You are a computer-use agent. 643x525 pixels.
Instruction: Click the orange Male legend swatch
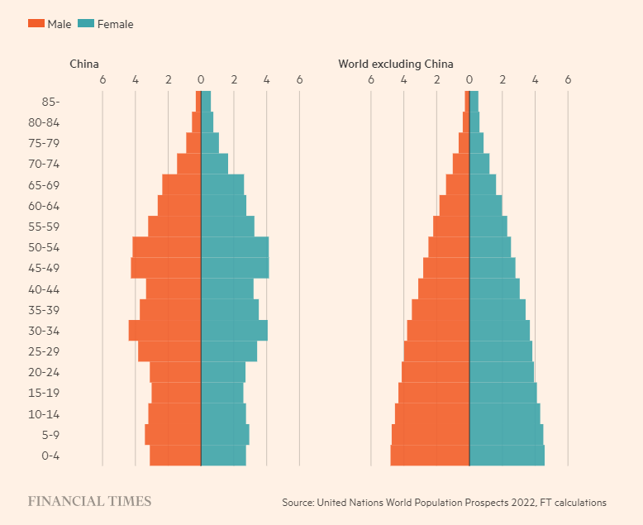point(36,24)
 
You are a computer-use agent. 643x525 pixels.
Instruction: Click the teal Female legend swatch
point(86,24)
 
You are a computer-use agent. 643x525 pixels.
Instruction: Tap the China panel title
point(84,64)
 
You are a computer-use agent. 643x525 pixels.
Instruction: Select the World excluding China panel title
point(395,64)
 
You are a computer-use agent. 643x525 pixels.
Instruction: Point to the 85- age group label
point(50,102)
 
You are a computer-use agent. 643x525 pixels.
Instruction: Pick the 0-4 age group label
point(50,456)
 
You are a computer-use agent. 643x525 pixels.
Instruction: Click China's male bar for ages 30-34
point(164,331)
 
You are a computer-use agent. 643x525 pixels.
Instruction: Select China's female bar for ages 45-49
point(235,268)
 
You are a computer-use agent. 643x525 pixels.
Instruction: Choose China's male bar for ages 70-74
point(189,164)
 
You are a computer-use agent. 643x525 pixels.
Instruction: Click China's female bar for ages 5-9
point(225,435)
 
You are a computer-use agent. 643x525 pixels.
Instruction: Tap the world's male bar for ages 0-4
point(430,456)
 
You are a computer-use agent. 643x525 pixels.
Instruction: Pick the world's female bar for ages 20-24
point(502,372)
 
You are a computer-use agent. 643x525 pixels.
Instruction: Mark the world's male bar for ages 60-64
point(455,205)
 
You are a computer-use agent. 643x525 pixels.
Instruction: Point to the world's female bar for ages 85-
point(474,101)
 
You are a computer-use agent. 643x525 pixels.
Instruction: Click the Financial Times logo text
point(90,501)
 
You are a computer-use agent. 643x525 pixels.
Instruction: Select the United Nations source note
point(444,502)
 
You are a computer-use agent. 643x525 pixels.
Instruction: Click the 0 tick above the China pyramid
point(201,80)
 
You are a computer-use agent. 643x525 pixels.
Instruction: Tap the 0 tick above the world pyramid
point(469,80)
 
